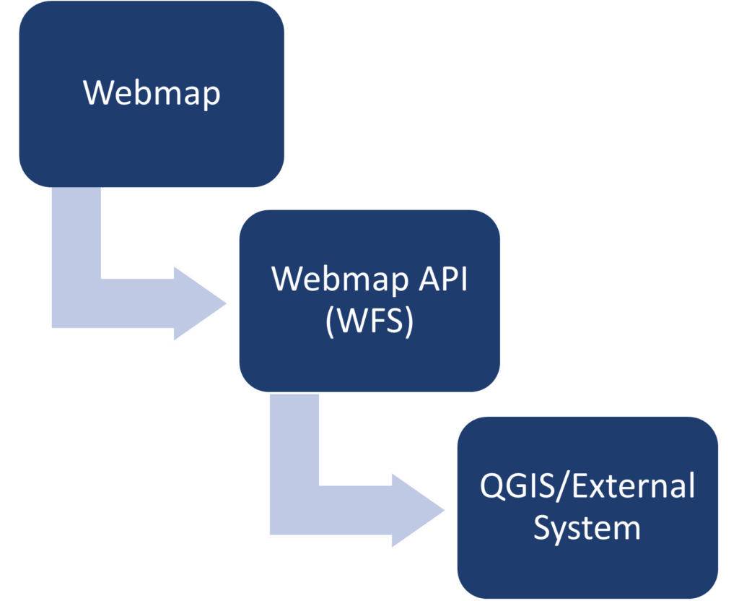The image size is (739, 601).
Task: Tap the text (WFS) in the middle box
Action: click(369, 321)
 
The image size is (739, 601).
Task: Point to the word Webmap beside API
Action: click(339, 279)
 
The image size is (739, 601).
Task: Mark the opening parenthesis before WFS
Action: click(331, 322)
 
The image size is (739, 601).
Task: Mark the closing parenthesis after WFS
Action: click(408, 322)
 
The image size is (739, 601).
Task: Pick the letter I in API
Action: click(463, 279)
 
